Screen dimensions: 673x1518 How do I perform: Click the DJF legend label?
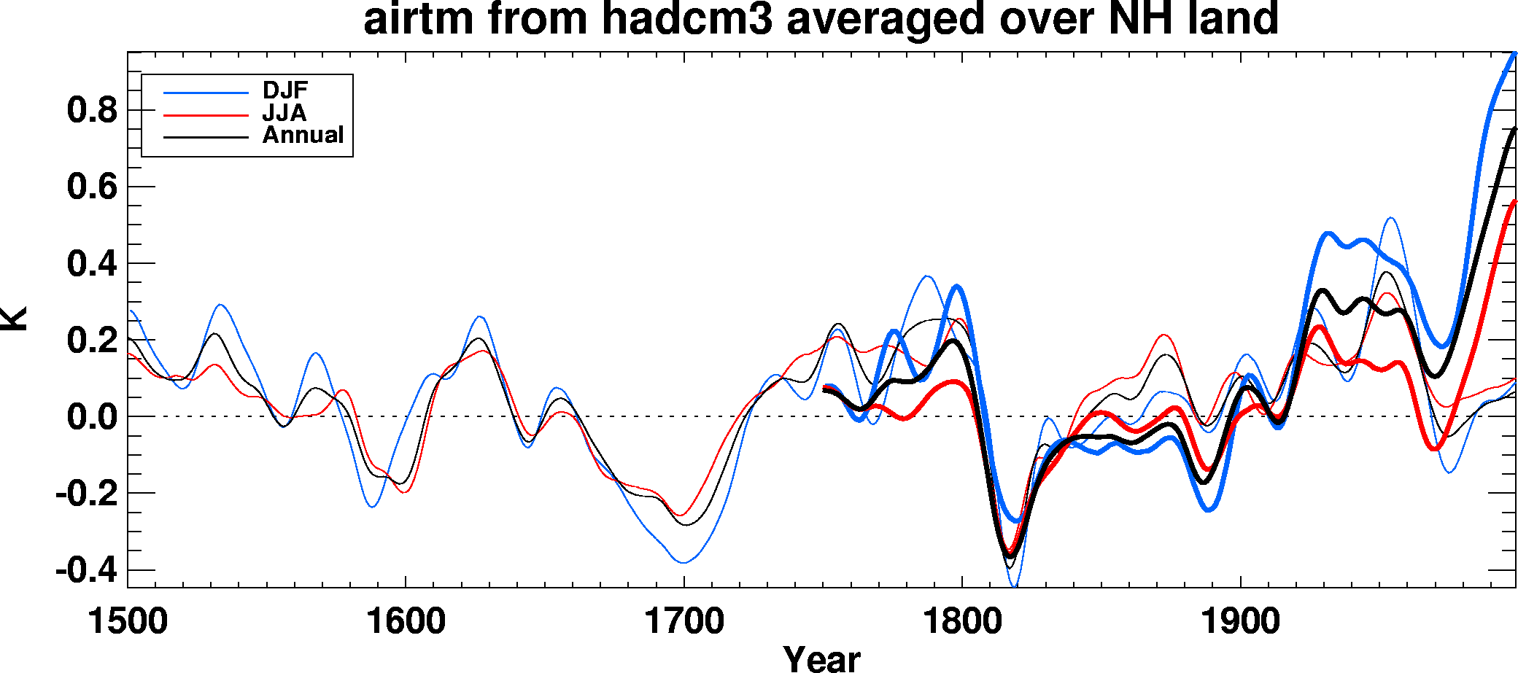285,90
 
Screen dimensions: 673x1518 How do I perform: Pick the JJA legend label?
284,113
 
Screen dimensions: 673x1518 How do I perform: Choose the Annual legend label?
303,136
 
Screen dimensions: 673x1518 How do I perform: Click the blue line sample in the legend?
206,93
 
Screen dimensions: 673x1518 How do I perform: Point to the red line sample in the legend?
206,115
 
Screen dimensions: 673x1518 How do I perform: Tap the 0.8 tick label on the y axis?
92,111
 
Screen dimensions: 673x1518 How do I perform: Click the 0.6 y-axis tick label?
92,187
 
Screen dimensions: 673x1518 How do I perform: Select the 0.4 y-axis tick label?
92,264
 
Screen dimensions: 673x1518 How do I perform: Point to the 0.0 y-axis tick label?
92,418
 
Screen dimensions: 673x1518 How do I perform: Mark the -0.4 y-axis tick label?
86,571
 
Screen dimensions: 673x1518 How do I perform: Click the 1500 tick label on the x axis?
128,622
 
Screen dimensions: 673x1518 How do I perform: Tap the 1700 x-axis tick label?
684,622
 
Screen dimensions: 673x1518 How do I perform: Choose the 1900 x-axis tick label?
1240,622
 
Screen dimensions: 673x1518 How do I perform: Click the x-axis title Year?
822,658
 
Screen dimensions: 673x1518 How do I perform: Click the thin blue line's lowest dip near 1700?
684,562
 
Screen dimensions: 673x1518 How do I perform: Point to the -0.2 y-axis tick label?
86,494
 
